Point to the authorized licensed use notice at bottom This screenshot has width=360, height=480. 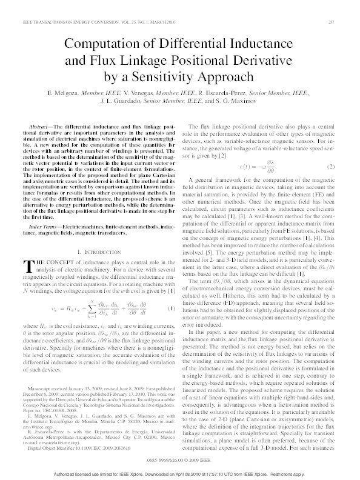pyautogui.click(x=179, y=473)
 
